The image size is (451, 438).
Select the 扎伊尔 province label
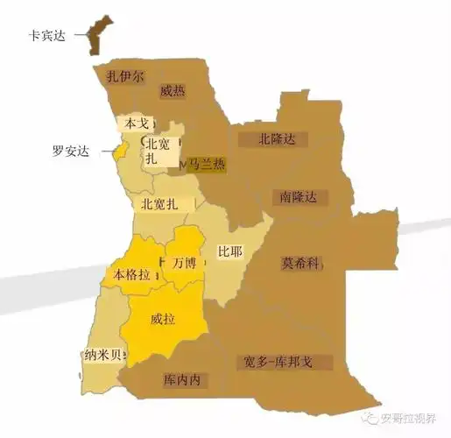coord(125,76)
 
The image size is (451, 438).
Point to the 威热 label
coord(173,90)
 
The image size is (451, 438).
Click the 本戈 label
coord(137,124)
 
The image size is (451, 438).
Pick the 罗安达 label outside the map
coord(71,151)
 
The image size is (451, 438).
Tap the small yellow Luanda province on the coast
coord(122,151)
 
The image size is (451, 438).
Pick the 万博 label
coord(185,262)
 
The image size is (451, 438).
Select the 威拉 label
coord(163,319)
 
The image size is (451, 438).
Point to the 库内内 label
coord(182,380)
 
